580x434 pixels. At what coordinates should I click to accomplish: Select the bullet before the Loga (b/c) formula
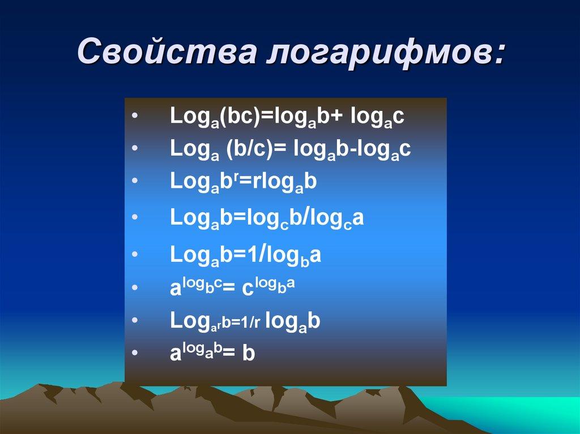[134, 148]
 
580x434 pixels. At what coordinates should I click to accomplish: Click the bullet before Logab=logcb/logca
[134, 217]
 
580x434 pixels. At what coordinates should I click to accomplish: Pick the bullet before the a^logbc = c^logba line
[134, 288]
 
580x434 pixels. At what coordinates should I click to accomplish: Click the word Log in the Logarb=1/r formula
[187, 320]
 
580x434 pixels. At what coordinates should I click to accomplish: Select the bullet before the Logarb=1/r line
[134, 321]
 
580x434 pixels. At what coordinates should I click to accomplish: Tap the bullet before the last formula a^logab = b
[134, 353]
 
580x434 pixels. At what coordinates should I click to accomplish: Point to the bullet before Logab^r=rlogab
[134, 181]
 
